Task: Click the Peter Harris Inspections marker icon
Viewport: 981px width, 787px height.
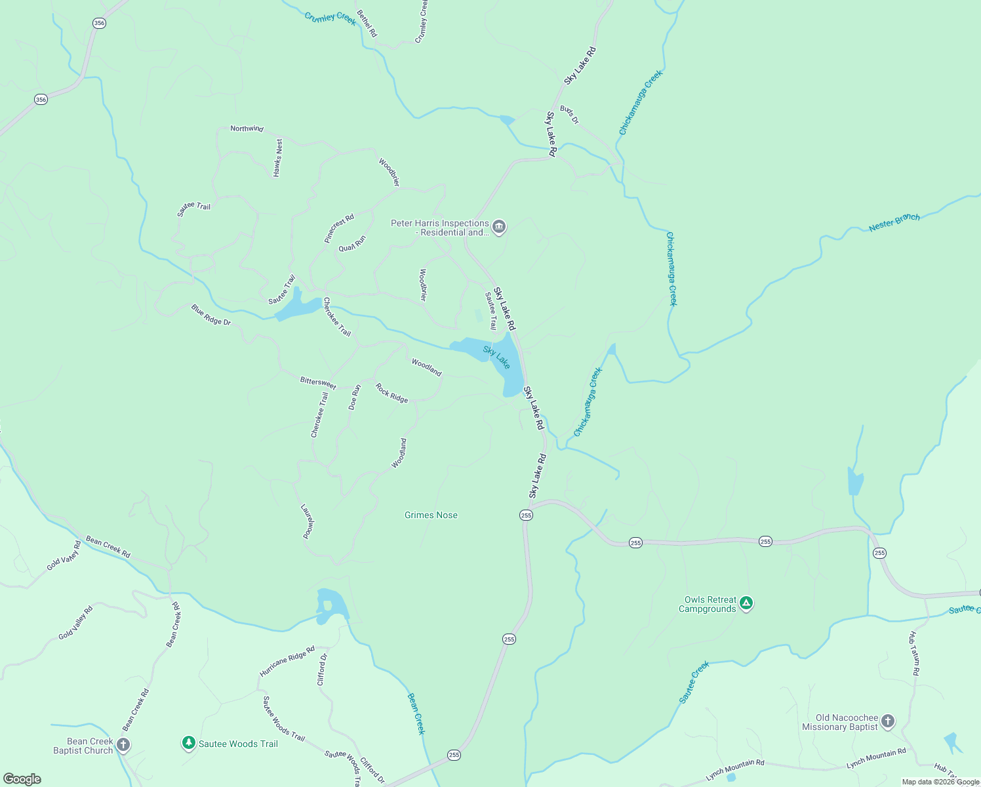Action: pyautogui.click(x=499, y=228)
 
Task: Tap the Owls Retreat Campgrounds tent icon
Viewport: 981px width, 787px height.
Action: pyautogui.click(x=746, y=603)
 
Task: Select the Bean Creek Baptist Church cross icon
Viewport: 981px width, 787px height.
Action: pyautogui.click(x=123, y=745)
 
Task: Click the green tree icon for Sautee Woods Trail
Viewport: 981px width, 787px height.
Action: pyautogui.click(x=189, y=743)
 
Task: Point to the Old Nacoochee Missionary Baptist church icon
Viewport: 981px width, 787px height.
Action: pyautogui.click(x=887, y=721)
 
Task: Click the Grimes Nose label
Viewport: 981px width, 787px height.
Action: pyautogui.click(x=431, y=515)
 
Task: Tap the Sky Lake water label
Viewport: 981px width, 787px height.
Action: pyautogui.click(x=496, y=357)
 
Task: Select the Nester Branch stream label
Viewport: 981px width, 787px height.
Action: pyautogui.click(x=894, y=222)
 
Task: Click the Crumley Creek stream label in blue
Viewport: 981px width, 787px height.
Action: pyautogui.click(x=330, y=18)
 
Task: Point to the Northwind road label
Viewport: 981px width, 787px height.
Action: pyautogui.click(x=247, y=129)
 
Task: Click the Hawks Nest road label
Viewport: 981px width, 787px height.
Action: pyautogui.click(x=278, y=157)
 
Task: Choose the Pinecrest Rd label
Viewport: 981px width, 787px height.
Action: pyautogui.click(x=339, y=228)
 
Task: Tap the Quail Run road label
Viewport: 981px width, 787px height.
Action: pyautogui.click(x=352, y=244)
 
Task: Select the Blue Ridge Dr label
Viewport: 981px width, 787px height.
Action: pyautogui.click(x=211, y=314)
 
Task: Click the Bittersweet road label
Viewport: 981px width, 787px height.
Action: pyautogui.click(x=318, y=382)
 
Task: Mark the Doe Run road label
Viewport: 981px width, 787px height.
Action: pyautogui.click(x=354, y=397)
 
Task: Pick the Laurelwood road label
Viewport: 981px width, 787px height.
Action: pyautogui.click(x=308, y=521)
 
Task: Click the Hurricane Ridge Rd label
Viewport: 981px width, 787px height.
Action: pyautogui.click(x=287, y=661)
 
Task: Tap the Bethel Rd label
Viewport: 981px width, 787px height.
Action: pyautogui.click(x=367, y=23)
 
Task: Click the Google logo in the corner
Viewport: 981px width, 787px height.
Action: pyautogui.click(x=22, y=778)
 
